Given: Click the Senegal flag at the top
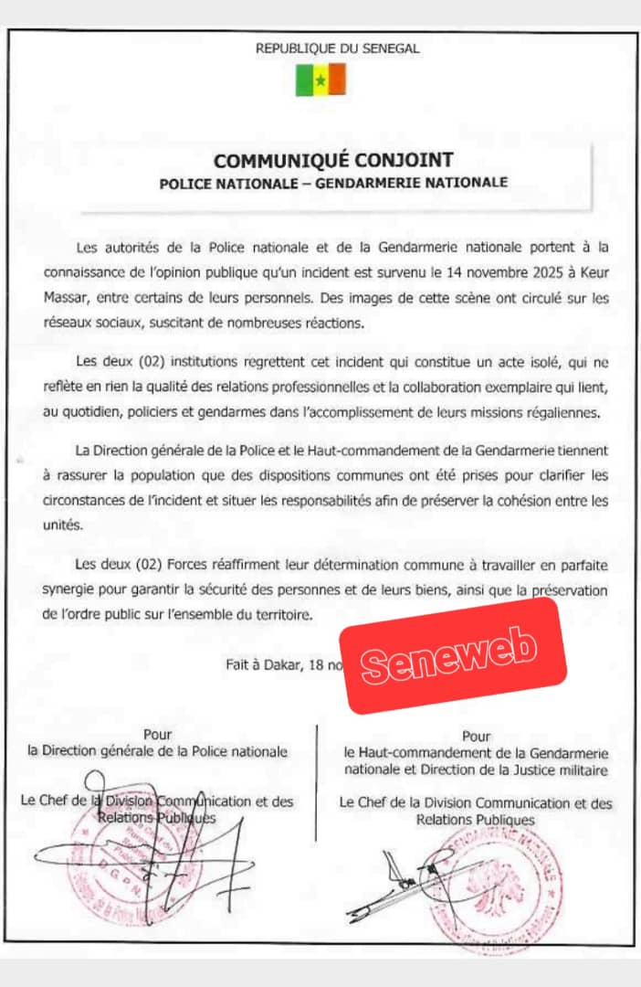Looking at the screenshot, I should (320, 80).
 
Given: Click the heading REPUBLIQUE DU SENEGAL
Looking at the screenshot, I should (338, 49).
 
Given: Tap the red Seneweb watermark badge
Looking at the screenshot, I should (454, 655).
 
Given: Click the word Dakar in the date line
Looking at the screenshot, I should (284, 664).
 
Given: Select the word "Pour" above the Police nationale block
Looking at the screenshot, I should (157, 734).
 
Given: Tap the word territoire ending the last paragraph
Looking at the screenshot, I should (279, 615).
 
